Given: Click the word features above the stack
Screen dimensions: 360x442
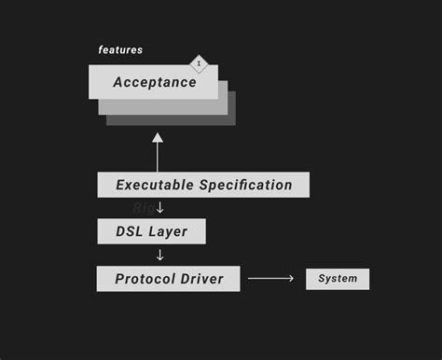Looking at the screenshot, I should pos(120,49).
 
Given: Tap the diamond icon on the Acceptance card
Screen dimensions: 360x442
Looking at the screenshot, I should pos(199,63).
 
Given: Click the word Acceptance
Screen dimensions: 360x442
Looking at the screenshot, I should pos(155,82).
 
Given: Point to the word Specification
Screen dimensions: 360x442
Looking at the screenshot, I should pos(245,185).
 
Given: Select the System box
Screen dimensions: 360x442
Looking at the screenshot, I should pos(338,279).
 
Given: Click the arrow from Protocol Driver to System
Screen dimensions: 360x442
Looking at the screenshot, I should pos(270,279).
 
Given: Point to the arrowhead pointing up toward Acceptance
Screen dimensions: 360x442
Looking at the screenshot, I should pos(158,138).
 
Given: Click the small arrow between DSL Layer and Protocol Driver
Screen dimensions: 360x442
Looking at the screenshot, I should pos(160,255).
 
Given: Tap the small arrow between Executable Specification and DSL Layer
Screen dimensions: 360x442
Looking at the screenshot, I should pos(160,207).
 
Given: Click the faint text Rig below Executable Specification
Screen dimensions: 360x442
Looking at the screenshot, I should pos(143,208).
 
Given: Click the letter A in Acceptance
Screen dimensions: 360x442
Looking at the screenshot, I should pos(118,82).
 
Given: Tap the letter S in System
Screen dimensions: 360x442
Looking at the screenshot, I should pos(322,279).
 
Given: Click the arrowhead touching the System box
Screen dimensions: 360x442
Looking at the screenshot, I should pos(291,279).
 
